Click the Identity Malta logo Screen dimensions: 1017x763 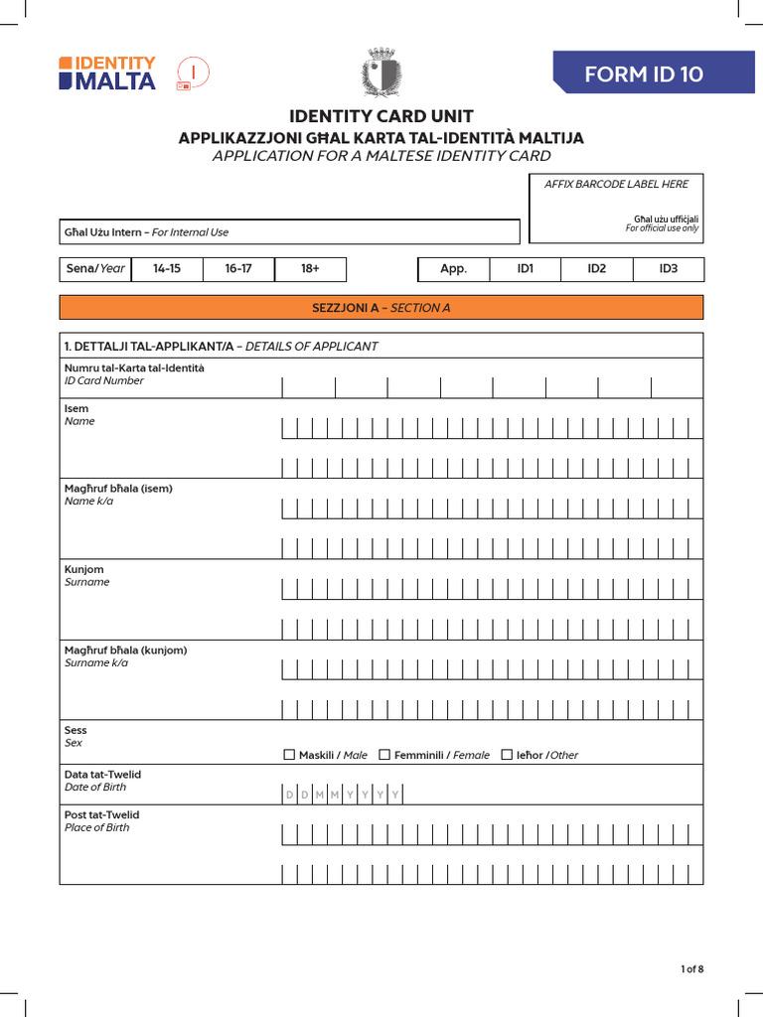click(107, 73)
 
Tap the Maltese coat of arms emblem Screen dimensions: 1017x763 click(381, 73)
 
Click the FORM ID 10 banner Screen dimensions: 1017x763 click(657, 74)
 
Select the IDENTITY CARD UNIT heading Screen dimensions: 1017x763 click(381, 116)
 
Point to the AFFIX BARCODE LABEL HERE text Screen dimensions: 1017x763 click(616, 184)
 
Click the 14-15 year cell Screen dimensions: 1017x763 click(166, 269)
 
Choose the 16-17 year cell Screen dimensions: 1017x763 click(238, 269)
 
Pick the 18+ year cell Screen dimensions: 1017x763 click(310, 269)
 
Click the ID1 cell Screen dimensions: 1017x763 click(526, 269)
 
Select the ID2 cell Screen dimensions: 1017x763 click(596, 269)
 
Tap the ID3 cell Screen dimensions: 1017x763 click(669, 269)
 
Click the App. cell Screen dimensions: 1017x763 click(453, 269)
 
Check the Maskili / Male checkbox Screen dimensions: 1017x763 click(289, 755)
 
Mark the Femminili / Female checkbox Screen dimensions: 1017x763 click(384, 755)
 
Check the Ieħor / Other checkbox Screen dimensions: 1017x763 click(507, 755)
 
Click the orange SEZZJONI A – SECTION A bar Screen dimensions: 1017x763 click(381, 308)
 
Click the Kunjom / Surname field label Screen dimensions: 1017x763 click(86, 576)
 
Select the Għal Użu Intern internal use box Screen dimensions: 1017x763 click(289, 232)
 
